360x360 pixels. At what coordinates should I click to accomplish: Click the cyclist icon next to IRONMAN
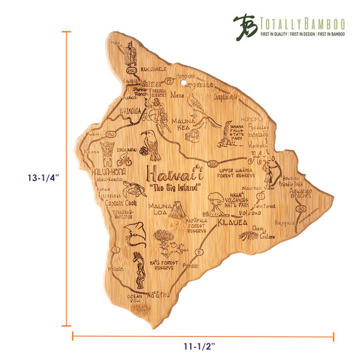tap(124, 161)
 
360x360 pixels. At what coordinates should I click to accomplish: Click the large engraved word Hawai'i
tap(174, 175)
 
